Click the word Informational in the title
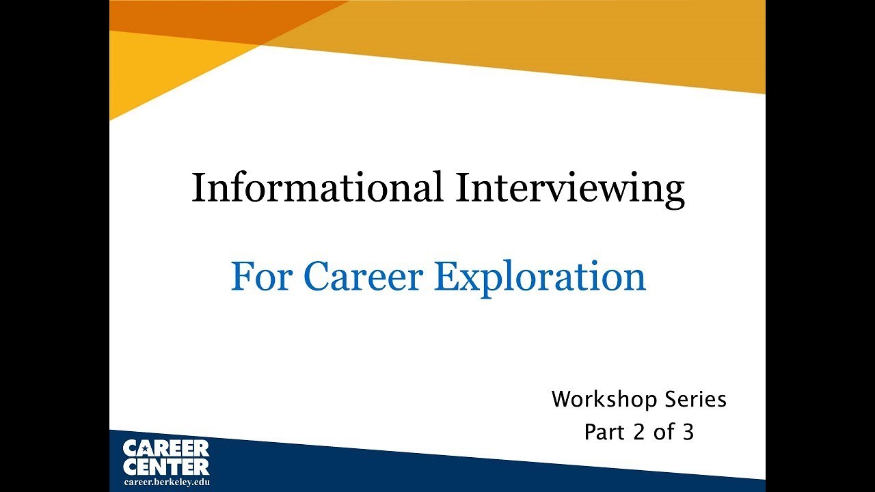(x=317, y=187)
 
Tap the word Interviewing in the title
(x=569, y=189)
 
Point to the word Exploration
(x=540, y=277)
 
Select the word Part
(x=601, y=432)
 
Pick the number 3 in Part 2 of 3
(x=688, y=432)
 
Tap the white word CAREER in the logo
(x=166, y=449)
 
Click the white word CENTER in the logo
(x=166, y=467)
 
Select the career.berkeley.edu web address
(x=166, y=482)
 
